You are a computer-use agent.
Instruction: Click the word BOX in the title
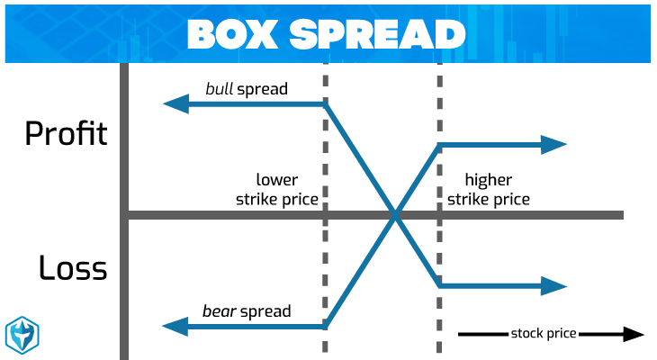pyautogui.click(x=232, y=33)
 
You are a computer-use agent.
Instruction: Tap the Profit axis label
pyautogui.click(x=66, y=134)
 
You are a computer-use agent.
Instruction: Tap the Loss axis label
pyautogui.click(x=72, y=267)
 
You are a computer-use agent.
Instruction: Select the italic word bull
pyautogui.click(x=220, y=89)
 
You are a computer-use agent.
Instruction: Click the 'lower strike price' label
pyautogui.click(x=277, y=189)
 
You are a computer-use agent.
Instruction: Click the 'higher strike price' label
pyautogui.click(x=489, y=189)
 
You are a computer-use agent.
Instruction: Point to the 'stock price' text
pyautogui.click(x=544, y=334)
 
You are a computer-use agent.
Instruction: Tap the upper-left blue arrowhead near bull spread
pyautogui.click(x=174, y=104)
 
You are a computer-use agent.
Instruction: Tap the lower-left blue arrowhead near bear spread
pyautogui.click(x=174, y=327)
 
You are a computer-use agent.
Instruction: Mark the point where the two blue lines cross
pyautogui.click(x=394, y=215)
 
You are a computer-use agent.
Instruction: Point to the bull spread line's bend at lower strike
pyautogui.click(x=325, y=104)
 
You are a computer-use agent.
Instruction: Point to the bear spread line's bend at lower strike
pyautogui.click(x=325, y=327)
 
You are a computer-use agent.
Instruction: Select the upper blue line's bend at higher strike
pyautogui.click(x=439, y=145)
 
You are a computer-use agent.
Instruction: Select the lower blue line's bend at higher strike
pyautogui.click(x=439, y=286)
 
